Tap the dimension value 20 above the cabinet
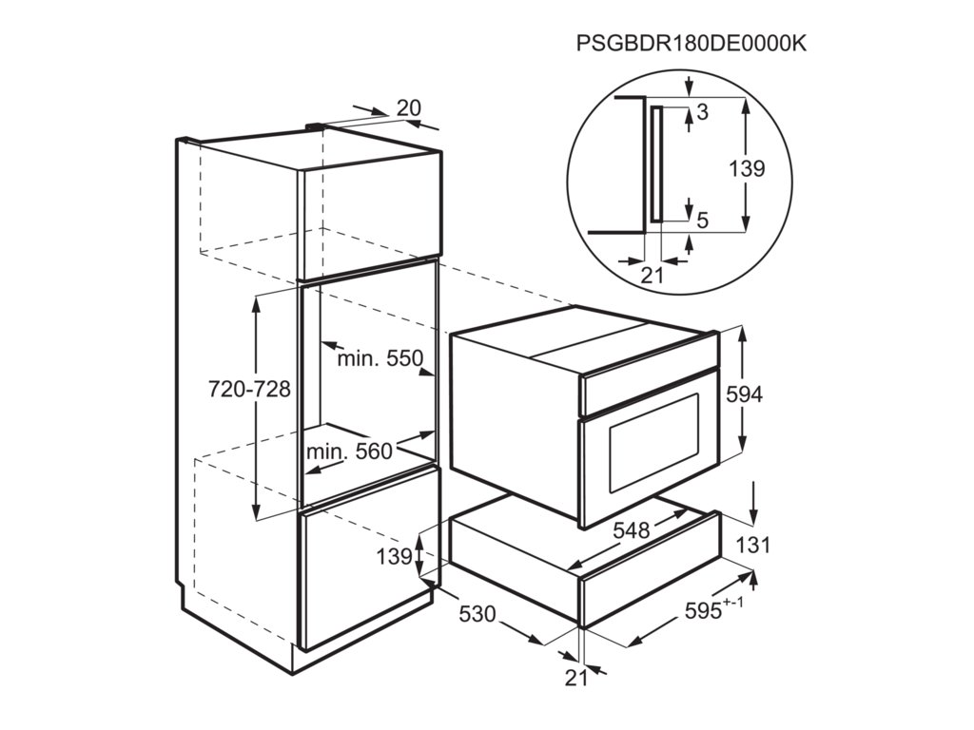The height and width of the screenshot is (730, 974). [x=408, y=108]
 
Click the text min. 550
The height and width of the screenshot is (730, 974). [x=379, y=359]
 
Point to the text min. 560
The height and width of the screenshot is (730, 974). [x=349, y=451]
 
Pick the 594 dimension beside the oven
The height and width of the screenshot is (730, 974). [x=744, y=394]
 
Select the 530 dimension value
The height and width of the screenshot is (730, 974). [x=477, y=614]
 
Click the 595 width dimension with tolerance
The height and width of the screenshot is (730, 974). [x=706, y=611]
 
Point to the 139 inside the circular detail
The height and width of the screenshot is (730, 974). [x=747, y=169]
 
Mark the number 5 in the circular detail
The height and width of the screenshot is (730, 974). [x=702, y=221]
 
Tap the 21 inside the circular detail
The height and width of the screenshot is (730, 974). [x=652, y=276]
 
